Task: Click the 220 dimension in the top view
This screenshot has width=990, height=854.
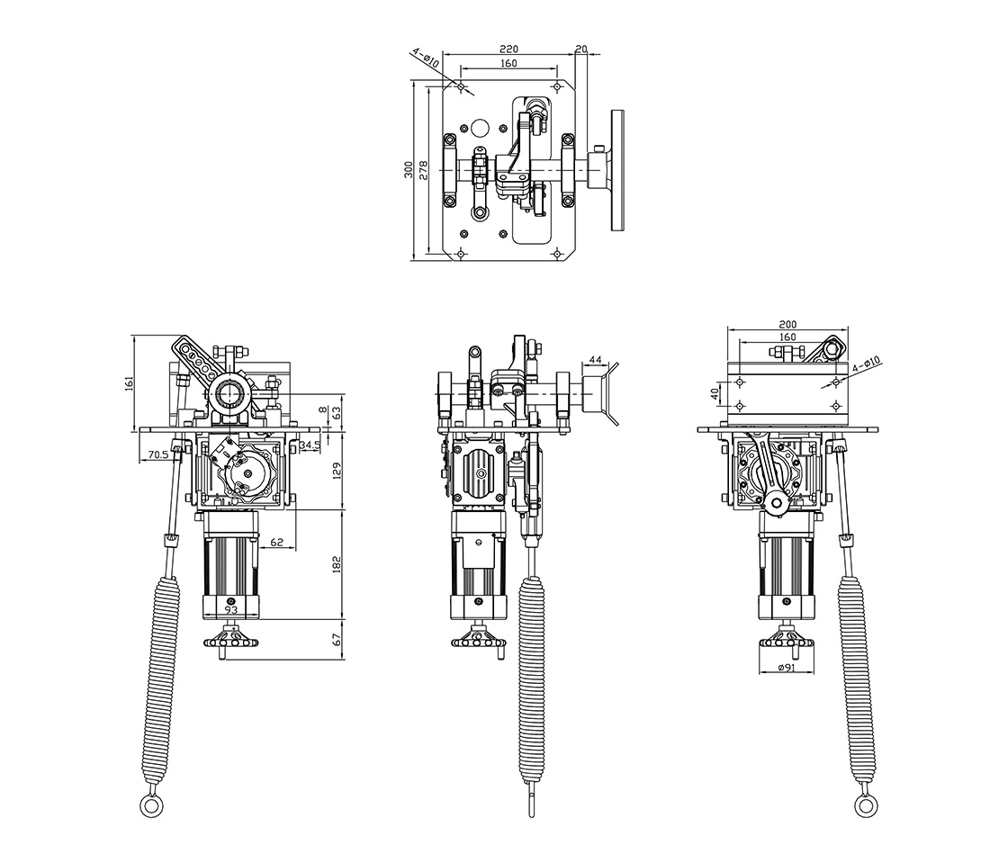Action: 508,49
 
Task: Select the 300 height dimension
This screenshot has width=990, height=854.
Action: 409,169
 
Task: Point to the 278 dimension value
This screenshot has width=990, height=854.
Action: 424,170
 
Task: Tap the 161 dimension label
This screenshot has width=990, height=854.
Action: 130,382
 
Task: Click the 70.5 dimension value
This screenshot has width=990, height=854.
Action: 158,454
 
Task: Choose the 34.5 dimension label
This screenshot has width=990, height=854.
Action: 310,445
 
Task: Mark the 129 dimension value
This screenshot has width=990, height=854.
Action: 337,471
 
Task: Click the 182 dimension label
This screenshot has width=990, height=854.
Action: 337,563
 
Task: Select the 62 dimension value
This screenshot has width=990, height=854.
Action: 276,542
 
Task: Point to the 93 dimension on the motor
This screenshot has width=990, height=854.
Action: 230,610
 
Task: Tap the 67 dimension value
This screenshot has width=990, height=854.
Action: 337,639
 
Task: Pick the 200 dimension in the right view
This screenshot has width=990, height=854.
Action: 788,325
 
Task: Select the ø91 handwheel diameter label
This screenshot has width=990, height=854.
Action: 786,667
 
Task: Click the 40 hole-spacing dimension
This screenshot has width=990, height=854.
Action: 715,393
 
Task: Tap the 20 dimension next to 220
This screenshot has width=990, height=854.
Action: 581,49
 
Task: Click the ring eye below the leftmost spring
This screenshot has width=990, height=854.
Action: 150,805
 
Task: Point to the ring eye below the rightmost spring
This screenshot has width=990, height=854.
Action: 865,805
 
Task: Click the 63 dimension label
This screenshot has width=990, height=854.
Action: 337,412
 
